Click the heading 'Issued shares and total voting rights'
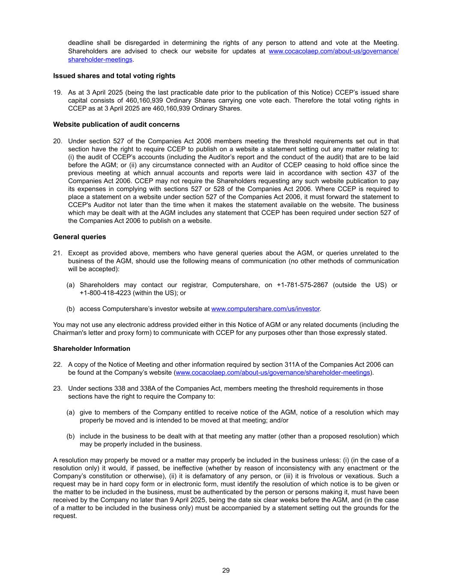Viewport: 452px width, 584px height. click(x=114, y=76)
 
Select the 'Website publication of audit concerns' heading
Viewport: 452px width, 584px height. click(x=116, y=125)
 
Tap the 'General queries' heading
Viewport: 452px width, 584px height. click(x=79, y=237)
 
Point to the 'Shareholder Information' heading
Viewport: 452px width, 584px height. click(x=91, y=349)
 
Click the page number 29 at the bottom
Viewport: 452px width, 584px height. click(x=226, y=570)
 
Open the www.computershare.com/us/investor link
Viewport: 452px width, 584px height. click(x=265, y=309)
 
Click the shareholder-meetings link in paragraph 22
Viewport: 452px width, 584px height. click(x=272, y=373)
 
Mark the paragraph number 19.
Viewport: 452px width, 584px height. click(x=57, y=92)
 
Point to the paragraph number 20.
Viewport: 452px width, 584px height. click(x=57, y=141)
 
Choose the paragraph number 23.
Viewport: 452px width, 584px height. click(x=57, y=388)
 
